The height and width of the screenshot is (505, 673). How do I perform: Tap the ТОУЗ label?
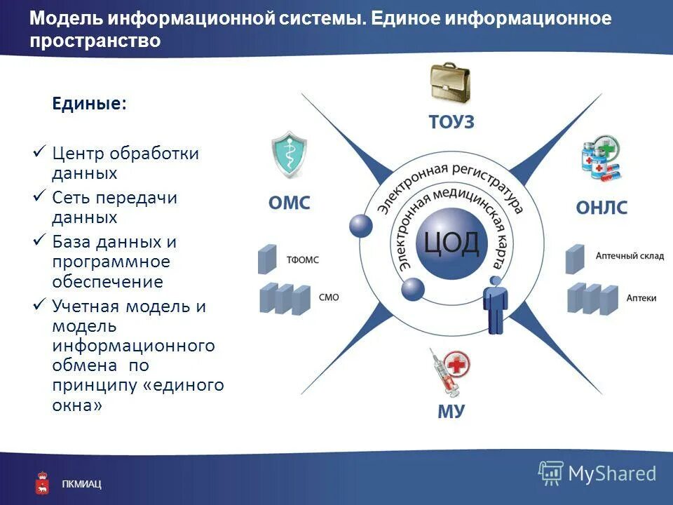pos(451,122)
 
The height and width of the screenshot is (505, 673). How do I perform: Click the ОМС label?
pos(289,204)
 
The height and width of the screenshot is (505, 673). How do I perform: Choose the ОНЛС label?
pos(601,208)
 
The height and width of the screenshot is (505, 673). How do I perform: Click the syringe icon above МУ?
pos(449,372)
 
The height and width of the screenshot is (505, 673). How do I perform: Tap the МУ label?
pos(451,411)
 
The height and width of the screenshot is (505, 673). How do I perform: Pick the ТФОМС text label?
pos(302,260)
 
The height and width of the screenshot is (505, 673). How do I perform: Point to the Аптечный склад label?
pos(629,257)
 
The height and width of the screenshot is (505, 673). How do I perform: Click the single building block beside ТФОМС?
pos(267,259)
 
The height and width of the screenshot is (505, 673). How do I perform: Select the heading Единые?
pos(90,104)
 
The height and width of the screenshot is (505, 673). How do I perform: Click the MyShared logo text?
pos(611,473)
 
